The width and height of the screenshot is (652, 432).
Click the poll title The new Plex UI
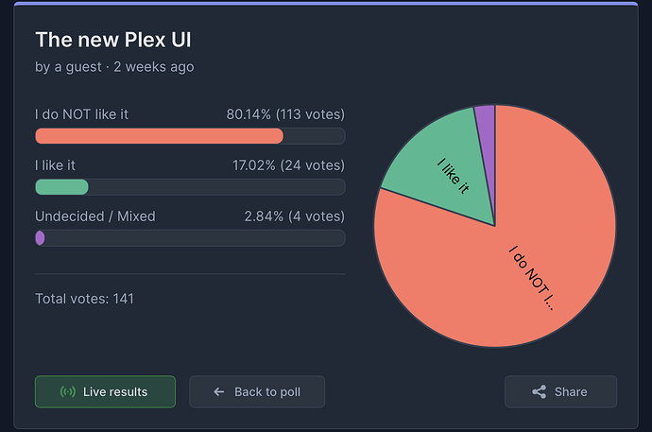113,41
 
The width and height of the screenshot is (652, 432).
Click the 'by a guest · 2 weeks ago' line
114,67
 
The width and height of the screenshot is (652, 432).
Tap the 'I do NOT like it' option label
82,114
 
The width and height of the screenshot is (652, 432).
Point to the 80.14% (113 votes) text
285,114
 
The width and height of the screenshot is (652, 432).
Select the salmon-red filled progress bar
159,136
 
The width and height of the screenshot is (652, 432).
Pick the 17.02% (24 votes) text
288,165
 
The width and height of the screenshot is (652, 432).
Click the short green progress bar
61,187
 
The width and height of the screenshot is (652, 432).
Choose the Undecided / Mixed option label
95,216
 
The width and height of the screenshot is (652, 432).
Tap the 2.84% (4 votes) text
294,216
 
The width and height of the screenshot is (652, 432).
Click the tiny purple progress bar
40,238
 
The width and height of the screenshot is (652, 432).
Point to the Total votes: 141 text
84,299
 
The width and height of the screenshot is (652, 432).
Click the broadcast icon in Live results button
67,391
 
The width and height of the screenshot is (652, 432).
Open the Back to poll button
257,391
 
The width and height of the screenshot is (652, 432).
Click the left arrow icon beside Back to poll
219,391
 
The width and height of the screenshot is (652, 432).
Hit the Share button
560,391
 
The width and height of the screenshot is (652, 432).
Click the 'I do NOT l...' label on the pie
532,279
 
